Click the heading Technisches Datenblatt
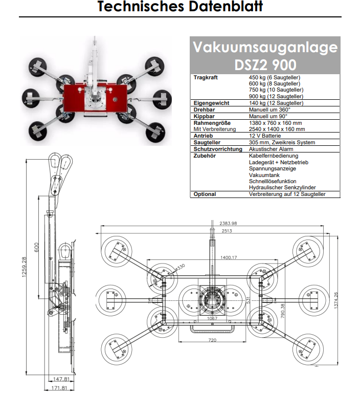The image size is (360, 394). [x=180, y=7]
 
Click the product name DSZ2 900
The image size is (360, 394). [x=265, y=65]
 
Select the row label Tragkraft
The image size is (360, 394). [x=206, y=77]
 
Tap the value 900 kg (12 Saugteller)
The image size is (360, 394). [x=276, y=96]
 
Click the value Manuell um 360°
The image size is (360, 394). [x=269, y=110]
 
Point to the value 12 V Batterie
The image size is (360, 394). [x=265, y=136]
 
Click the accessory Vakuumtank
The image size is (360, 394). [x=264, y=175]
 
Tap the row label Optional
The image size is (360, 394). [x=205, y=194]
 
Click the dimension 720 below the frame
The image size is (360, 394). [x=212, y=340]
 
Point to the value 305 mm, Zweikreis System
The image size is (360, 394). [x=282, y=142]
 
